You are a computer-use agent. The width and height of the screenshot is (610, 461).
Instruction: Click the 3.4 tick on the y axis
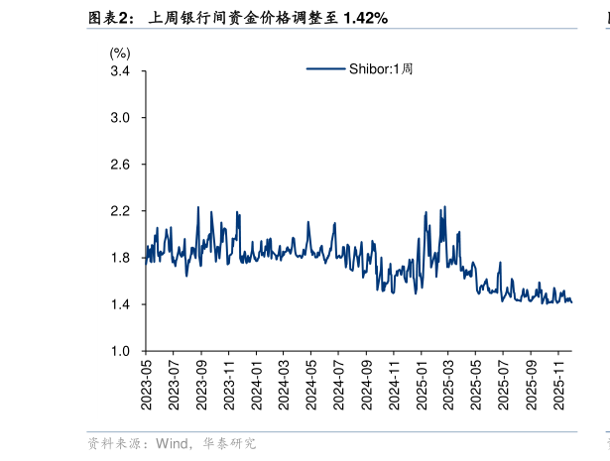(x=120, y=71)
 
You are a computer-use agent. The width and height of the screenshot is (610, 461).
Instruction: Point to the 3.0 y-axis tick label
(x=120, y=118)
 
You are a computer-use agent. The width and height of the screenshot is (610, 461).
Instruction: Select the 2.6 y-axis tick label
(x=120, y=165)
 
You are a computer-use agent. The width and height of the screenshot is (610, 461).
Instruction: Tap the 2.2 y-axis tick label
(x=120, y=211)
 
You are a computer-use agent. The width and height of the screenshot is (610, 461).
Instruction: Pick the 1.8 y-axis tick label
(x=120, y=258)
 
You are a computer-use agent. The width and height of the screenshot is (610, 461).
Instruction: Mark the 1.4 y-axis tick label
(x=120, y=304)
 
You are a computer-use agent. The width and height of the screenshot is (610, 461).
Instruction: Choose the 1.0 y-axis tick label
(x=120, y=351)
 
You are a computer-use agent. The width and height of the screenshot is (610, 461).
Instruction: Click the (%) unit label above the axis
(x=119, y=53)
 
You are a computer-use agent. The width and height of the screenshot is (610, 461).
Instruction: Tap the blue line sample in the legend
(x=325, y=69)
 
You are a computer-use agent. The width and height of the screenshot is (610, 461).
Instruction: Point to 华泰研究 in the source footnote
(x=229, y=444)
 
